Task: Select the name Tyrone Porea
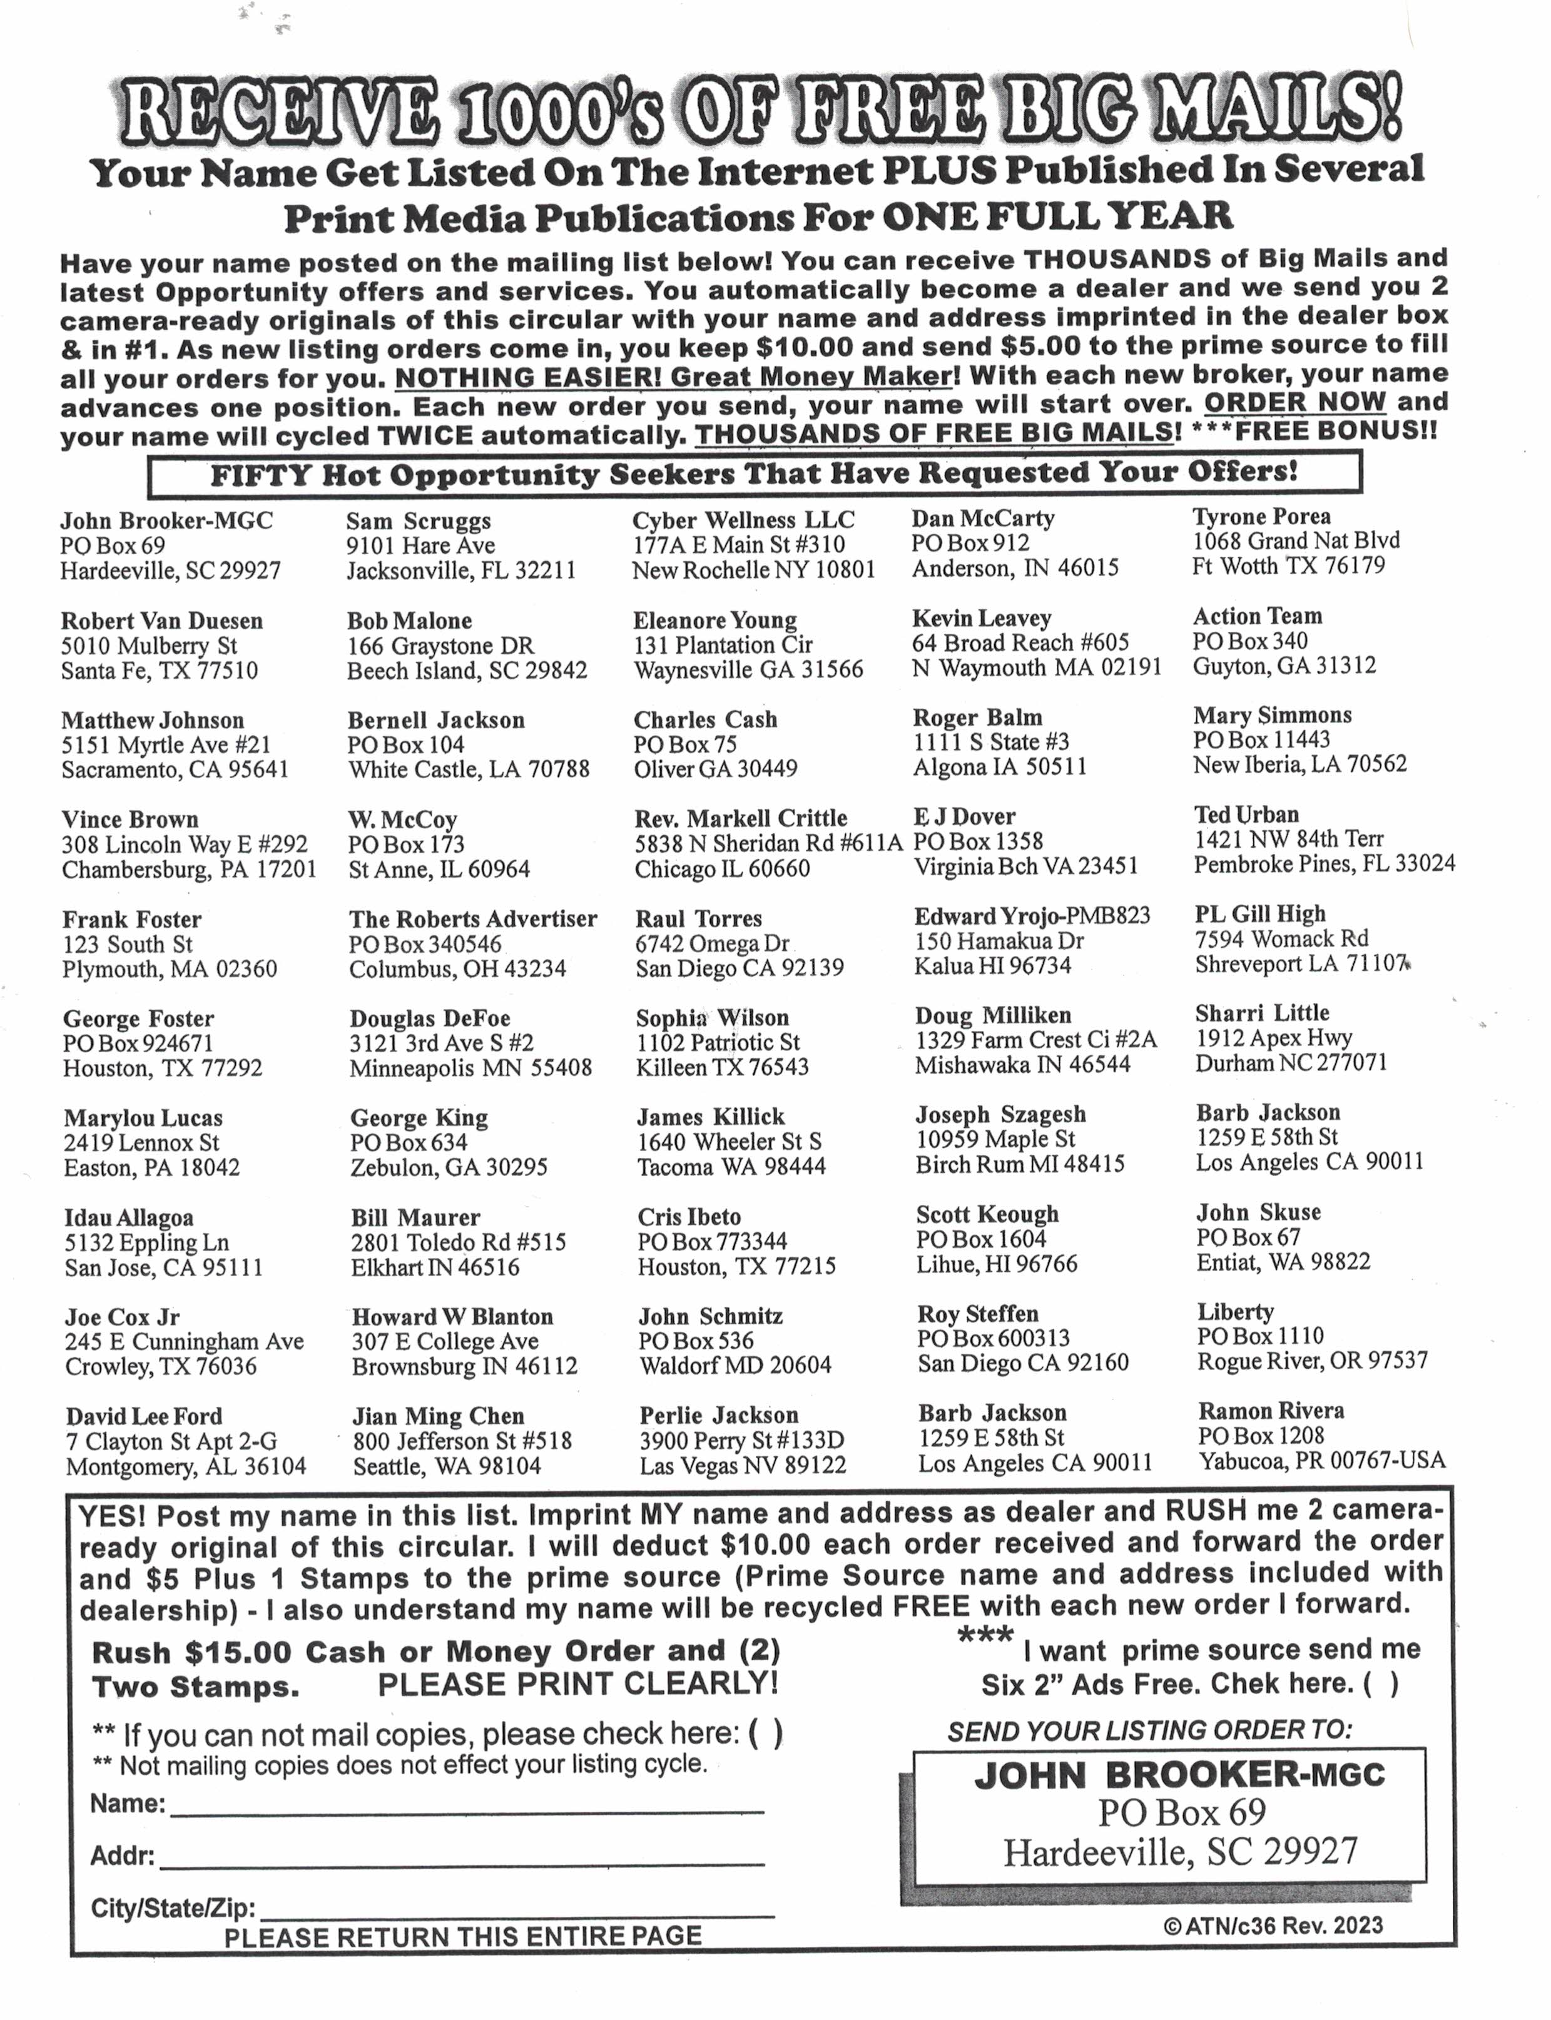click(1261, 516)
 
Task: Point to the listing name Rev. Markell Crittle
click(740, 819)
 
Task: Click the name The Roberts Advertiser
click(473, 920)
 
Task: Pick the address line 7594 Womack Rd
click(1281, 939)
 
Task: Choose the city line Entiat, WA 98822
click(1283, 1262)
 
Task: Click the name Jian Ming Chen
click(437, 1416)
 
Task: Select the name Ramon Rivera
click(1271, 1411)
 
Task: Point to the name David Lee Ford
click(144, 1416)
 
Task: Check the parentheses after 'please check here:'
click(765, 1734)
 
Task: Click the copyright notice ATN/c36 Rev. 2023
click(1273, 1925)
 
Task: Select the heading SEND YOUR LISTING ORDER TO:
click(1149, 1731)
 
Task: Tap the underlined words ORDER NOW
click(1294, 402)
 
